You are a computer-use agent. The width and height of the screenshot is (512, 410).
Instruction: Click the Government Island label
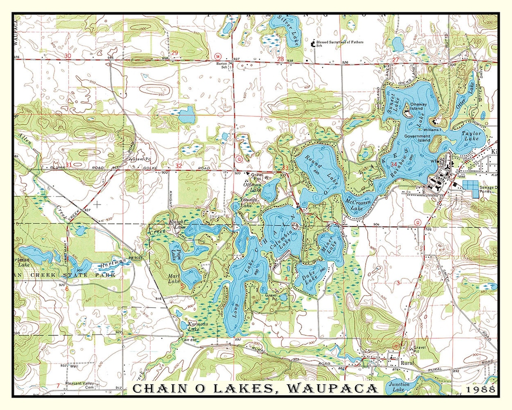click(x=417, y=139)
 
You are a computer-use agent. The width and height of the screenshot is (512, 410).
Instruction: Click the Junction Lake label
click(x=399, y=387)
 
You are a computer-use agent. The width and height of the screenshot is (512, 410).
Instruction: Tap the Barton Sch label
click(x=222, y=65)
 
